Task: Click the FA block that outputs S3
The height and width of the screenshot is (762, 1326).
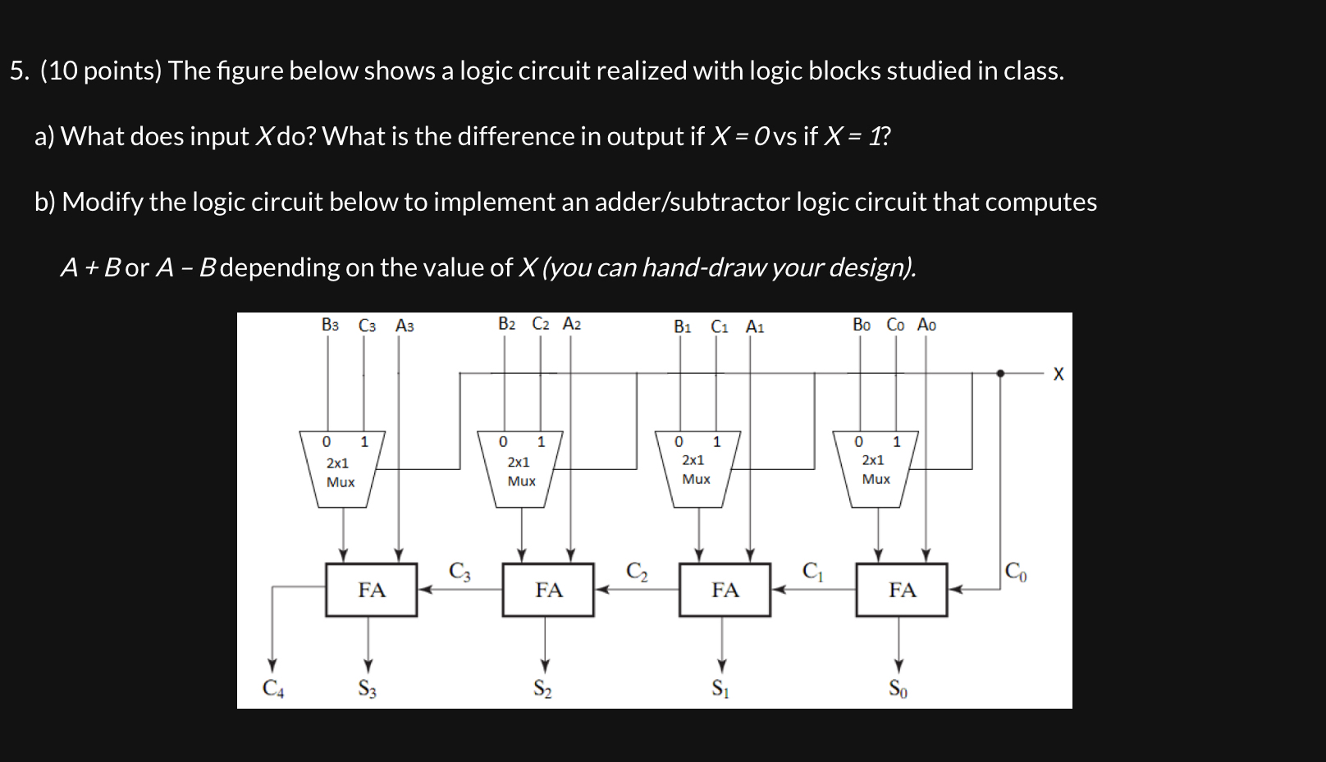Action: tap(371, 590)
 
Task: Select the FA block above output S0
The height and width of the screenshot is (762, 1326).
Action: tap(901, 590)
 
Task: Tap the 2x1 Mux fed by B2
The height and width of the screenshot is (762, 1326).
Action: tap(520, 470)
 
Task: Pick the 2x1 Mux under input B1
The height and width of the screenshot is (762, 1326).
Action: tap(697, 469)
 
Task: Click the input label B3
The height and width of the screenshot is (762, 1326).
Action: tap(330, 325)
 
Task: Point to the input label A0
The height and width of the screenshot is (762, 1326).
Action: tap(926, 325)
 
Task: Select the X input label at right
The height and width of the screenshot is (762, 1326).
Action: tap(1058, 374)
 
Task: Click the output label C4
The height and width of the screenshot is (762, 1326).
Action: tap(273, 689)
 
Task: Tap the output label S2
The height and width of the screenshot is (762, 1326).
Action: tap(543, 689)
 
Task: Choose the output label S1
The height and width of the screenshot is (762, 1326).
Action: tap(720, 689)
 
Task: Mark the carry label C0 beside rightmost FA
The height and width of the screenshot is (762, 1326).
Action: tap(1015, 571)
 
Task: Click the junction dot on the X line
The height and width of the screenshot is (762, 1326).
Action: tap(1000, 373)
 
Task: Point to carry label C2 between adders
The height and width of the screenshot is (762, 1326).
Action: tap(637, 571)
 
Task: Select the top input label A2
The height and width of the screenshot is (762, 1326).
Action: tap(572, 325)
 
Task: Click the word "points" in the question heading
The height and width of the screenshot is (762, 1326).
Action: tap(121, 71)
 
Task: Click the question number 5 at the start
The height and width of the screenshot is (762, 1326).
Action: tap(18, 71)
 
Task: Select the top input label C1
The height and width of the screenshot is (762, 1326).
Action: tap(720, 326)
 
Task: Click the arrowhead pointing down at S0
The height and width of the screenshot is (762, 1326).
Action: tap(898, 665)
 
